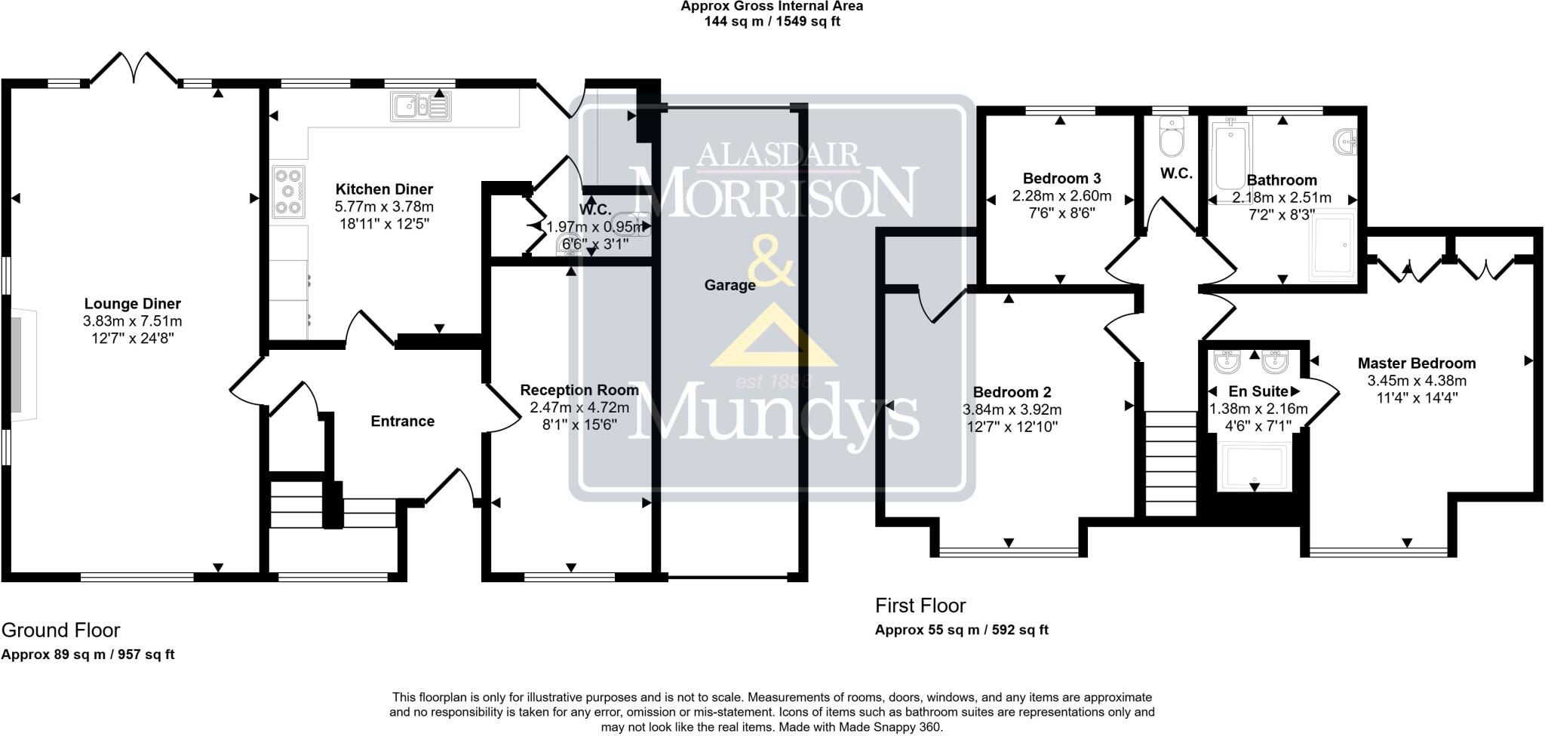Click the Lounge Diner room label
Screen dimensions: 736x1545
click(x=132, y=304)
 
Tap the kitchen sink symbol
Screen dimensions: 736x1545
click(x=419, y=106)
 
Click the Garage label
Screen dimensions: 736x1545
click(x=729, y=285)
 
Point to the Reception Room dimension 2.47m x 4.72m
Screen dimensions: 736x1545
click(x=579, y=407)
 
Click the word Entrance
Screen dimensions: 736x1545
click(x=402, y=421)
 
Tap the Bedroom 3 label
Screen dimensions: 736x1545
click(x=1061, y=178)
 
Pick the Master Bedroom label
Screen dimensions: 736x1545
click(x=1416, y=363)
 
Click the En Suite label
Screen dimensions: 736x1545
click(x=1258, y=391)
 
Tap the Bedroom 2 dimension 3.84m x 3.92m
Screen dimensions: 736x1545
click(x=1012, y=410)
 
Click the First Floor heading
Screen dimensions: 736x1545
click(x=920, y=606)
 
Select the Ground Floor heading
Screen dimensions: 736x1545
click(x=61, y=630)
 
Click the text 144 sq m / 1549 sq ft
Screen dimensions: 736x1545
click(x=772, y=22)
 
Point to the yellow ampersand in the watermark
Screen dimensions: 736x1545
click(x=771, y=262)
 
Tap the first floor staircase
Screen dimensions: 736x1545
click(x=1171, y=463)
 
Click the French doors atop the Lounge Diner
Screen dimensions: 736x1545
click(x=134, y=69)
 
